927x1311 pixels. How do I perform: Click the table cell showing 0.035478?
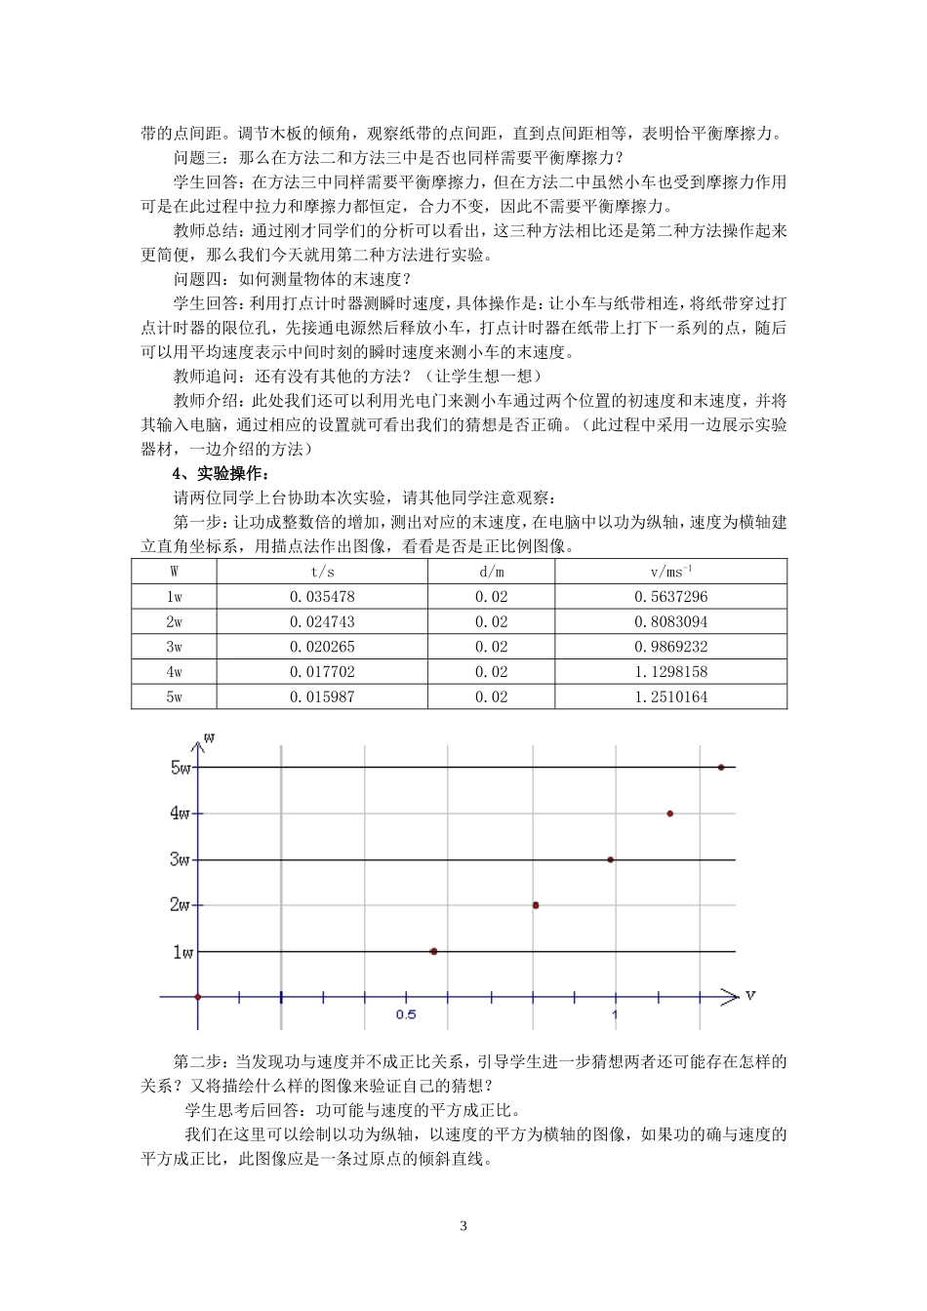point(322,597)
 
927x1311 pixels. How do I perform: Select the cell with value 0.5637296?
point(670,597)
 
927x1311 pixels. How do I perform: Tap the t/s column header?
point(322,572)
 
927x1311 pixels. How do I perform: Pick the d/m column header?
point(491,572)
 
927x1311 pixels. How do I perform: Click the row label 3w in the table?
point(174,647)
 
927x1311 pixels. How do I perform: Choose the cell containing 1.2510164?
point(670,696)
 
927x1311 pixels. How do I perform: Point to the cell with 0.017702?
point(322,672)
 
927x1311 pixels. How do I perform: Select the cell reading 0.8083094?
point(670,621)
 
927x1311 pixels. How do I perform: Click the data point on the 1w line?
point(433,951)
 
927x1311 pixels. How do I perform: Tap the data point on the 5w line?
point(721,768)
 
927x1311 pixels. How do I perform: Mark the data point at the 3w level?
point(611,859)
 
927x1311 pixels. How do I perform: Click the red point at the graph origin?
point(198,997)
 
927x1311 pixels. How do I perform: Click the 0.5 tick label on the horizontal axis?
point(406,1015)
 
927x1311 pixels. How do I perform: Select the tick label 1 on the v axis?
point(615,1015)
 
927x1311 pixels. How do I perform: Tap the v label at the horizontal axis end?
point(750,995)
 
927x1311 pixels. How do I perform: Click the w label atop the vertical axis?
point(209,737)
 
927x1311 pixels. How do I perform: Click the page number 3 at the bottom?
point(463,1226)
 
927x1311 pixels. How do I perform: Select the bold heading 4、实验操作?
point(217,474)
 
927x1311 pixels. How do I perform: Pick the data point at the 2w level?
point(535,905)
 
